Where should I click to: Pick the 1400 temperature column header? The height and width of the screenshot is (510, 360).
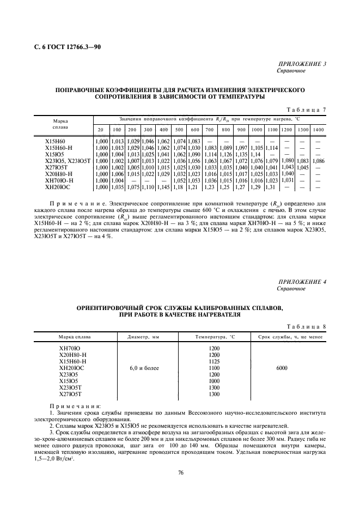click(319, 129)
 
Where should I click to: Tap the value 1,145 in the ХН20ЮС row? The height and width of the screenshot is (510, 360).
click(163, 187)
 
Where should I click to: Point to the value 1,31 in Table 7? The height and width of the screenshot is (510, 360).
click(271, 187)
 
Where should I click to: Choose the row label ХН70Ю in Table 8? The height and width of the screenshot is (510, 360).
click(69, 349)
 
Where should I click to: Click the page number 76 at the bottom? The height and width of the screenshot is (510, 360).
click(180, 472)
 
